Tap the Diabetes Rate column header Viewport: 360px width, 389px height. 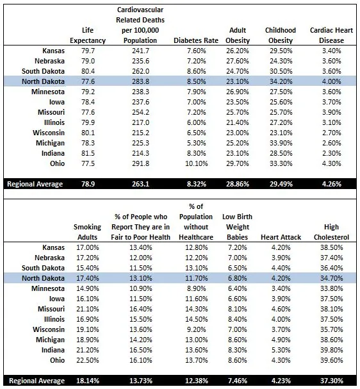(190, 40)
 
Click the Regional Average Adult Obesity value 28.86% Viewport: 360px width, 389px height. (237, 184)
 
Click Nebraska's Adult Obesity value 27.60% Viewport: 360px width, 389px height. (237, 61)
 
